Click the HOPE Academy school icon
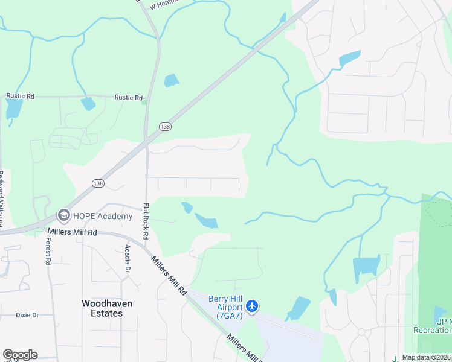[x=63, y=215]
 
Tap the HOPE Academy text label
[x=102, y=216]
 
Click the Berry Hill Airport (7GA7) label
[x=225, y=307]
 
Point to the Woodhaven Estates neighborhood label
[x=107, y=308]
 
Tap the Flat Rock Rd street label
[x=146, y=221]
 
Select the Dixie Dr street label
[x=27, y=315]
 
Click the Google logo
[x=20, y=355]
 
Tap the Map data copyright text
[x=427, y=357]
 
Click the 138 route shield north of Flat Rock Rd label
[x=165, y=126]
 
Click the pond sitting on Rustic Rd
[x=88, y=103]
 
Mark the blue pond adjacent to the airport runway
[x=298, y=308]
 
